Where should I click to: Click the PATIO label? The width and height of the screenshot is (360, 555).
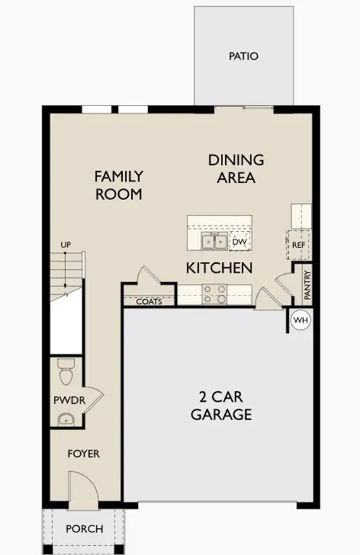click(243, 56)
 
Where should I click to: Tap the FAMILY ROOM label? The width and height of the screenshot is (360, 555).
click(118, 185)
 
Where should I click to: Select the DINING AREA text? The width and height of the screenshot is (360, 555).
click(236, 168)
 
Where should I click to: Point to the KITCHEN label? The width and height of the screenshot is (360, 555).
click(220, 268)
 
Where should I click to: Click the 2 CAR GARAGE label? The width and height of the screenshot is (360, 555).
click(221, 407)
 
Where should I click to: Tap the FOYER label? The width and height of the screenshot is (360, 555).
click(84, 454)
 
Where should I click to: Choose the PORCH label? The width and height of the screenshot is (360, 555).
click(84, 528)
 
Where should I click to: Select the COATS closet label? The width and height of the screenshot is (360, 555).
click(149, 302)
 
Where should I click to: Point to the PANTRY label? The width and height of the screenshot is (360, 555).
click(307, 285)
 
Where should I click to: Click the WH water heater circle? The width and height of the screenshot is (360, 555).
click(301, 320)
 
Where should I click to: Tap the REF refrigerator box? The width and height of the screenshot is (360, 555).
click(298, 245)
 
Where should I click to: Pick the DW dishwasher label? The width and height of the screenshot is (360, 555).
click(239, 242)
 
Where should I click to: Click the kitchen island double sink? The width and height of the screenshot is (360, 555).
click(214, 242)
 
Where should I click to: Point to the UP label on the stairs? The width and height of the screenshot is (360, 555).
click(66, 244)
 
